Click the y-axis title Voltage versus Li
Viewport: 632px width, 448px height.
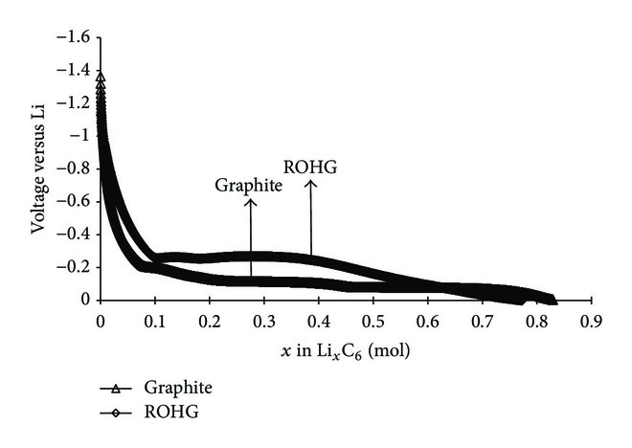coord(40,169)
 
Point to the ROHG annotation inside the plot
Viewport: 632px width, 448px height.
coord(310,168)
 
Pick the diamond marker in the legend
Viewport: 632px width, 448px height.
coord(114,413)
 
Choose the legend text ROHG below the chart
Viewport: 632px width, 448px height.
coord(164,413)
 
